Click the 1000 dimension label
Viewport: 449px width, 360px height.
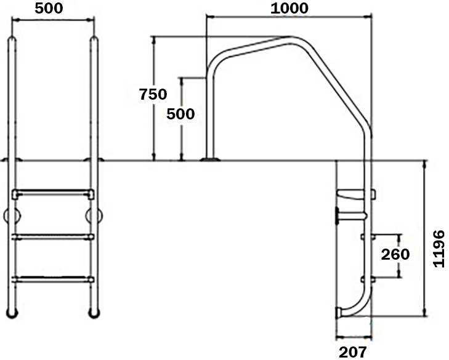coord(289,8)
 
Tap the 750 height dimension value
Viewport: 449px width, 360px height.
coord(153,94)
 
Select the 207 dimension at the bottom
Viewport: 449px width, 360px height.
coord(352,352)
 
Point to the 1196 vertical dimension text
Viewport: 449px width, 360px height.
coord(439,249)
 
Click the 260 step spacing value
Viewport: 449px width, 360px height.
coord(395,254)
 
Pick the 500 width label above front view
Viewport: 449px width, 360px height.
coord(49,8)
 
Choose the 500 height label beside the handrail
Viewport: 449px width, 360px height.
coord(180,114)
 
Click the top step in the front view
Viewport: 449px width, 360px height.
coord(53,194)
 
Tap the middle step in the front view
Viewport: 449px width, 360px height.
coord(53,237)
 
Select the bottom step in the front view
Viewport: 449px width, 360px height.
coord(53,279)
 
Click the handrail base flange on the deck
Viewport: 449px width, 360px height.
coord(210,159)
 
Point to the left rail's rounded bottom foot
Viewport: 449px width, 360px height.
coord(12,313)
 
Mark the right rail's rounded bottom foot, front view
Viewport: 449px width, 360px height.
coord(94,313)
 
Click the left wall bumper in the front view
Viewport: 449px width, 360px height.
coord(12,216)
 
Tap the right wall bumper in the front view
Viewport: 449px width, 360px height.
coord(94,216)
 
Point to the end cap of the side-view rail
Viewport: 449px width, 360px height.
coord(339,313)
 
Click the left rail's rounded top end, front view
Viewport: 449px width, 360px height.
coord(12,39)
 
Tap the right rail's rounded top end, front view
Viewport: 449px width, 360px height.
coord(94,39)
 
